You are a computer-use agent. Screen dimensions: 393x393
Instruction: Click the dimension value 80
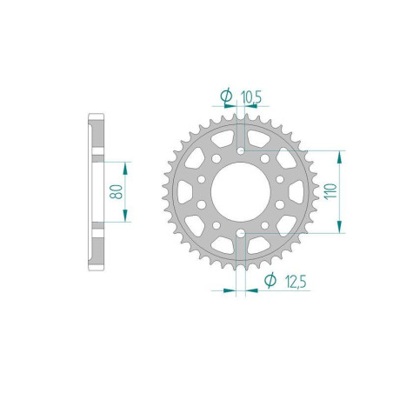[116, 191]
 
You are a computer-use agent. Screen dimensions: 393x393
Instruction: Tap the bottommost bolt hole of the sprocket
[240, 233]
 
